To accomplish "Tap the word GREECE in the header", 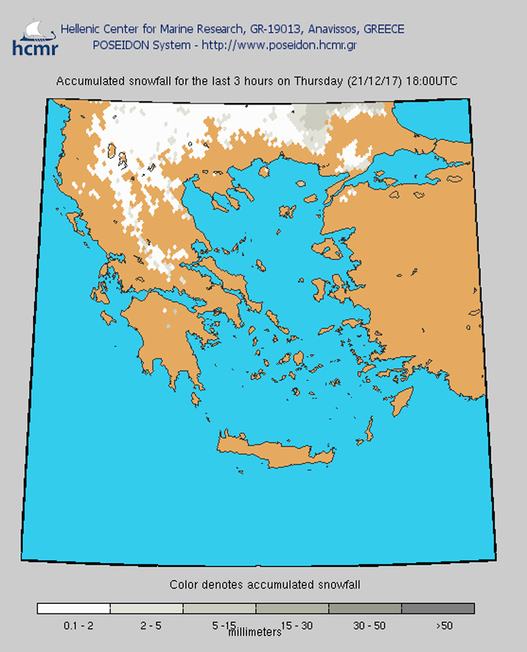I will pos(384,29).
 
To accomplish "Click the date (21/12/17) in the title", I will pos(373,81).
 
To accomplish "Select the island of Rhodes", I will pos(404,399).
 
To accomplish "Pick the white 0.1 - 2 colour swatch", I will pos(73,608).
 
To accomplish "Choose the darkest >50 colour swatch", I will pos(438,608).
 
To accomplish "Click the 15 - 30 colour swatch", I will pos(292,608).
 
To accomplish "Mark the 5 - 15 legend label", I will pos(223,625).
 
